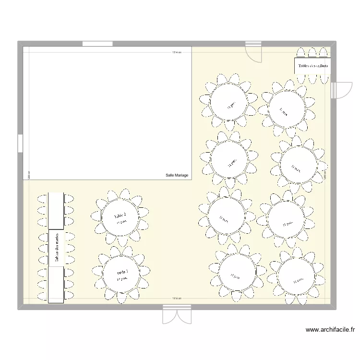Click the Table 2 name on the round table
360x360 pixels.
click(120, 216)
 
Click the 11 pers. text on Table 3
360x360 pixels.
click(121, 279)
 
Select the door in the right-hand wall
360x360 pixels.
click(340, 90)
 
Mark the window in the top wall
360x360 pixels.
click(97, 44)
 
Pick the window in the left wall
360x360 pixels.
click(20, 143)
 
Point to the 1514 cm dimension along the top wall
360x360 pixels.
click(177, 52)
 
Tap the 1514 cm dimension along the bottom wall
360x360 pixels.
click(177, 299)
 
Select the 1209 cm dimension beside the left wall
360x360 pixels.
click(29, 176)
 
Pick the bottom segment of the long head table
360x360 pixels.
click(56, 285)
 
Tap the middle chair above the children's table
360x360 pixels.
click(313, 53)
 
